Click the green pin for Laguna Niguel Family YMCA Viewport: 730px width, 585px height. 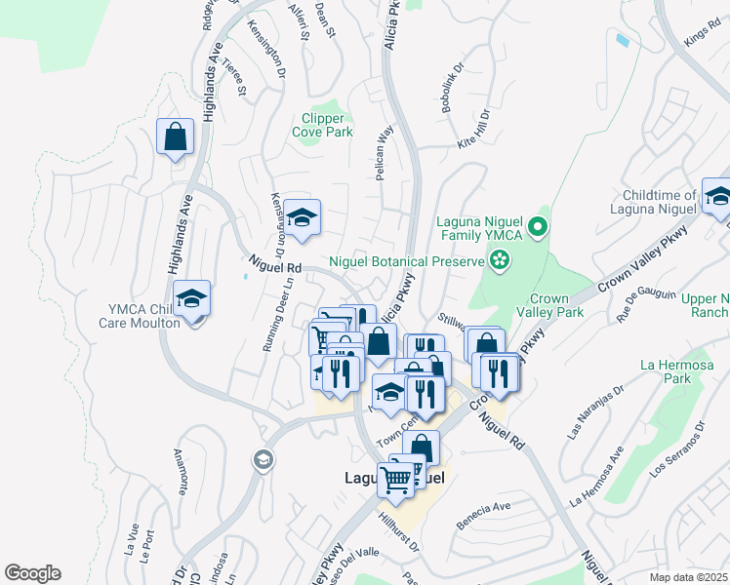pos(536,228)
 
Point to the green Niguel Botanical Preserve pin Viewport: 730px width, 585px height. pos(500,260)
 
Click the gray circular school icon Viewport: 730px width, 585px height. pos(262,458)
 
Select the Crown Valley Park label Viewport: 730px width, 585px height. pos(556,305)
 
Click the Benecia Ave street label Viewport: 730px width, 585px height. pos(483,509)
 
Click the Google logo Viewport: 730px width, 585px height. pos(32,572)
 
